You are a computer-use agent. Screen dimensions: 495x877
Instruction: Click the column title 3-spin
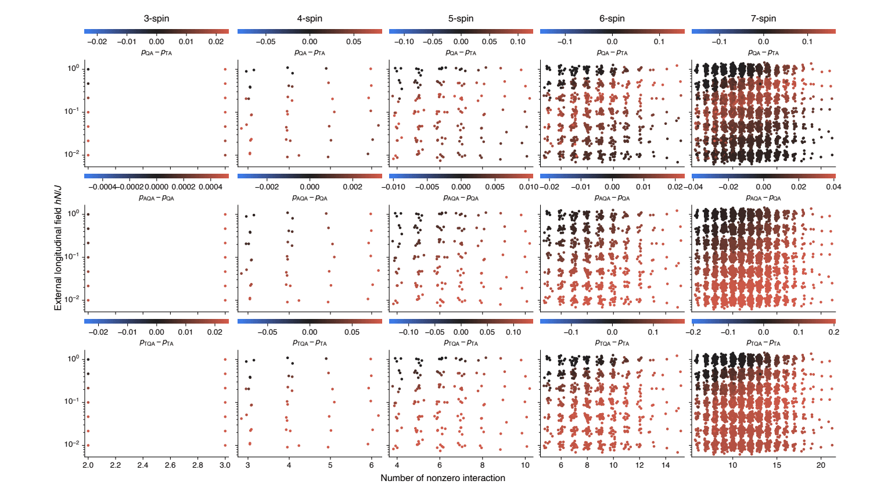click(156, 19)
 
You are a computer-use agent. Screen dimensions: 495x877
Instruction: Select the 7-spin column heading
click(763, 19)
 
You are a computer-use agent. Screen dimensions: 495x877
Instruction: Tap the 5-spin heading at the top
click(461, 19)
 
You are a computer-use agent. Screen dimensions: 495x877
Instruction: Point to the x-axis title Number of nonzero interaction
click(443, 478)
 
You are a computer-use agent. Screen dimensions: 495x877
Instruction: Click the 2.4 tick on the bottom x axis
click(143, 465)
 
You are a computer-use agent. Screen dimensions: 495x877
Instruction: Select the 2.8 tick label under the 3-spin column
click(197, 465)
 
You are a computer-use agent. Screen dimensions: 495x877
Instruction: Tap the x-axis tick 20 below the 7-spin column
click(821, 465)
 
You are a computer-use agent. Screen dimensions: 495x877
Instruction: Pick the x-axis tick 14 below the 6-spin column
click(666, 465)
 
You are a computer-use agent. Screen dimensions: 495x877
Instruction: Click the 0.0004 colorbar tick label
click(211, 187)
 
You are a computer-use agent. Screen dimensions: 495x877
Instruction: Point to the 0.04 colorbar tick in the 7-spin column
click(833, 187)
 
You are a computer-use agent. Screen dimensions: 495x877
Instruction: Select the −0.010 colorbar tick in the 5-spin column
click(393, 187)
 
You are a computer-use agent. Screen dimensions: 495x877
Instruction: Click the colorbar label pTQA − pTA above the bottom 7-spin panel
click(763, 343)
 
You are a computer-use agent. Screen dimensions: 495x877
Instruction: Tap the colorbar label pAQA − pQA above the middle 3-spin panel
click(156, 198)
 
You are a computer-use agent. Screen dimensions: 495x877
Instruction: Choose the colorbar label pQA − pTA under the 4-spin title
click(310, 53)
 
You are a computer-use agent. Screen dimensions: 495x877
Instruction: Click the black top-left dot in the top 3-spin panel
click(88, 69)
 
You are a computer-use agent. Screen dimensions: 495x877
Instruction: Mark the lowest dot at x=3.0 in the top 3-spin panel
click(225, 155)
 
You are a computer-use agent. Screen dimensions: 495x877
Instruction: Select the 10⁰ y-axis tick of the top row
click(73, 68)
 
